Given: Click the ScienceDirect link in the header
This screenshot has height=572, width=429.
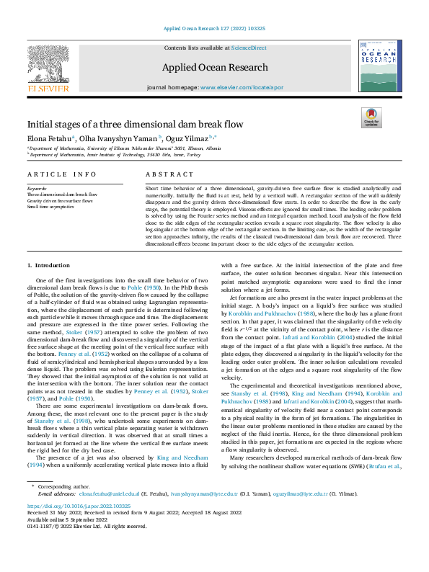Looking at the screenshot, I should pos(249,47).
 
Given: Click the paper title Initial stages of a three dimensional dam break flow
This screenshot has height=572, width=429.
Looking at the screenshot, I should pos(136,124).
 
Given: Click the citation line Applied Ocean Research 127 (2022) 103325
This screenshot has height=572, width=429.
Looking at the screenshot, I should pos(214,28).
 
